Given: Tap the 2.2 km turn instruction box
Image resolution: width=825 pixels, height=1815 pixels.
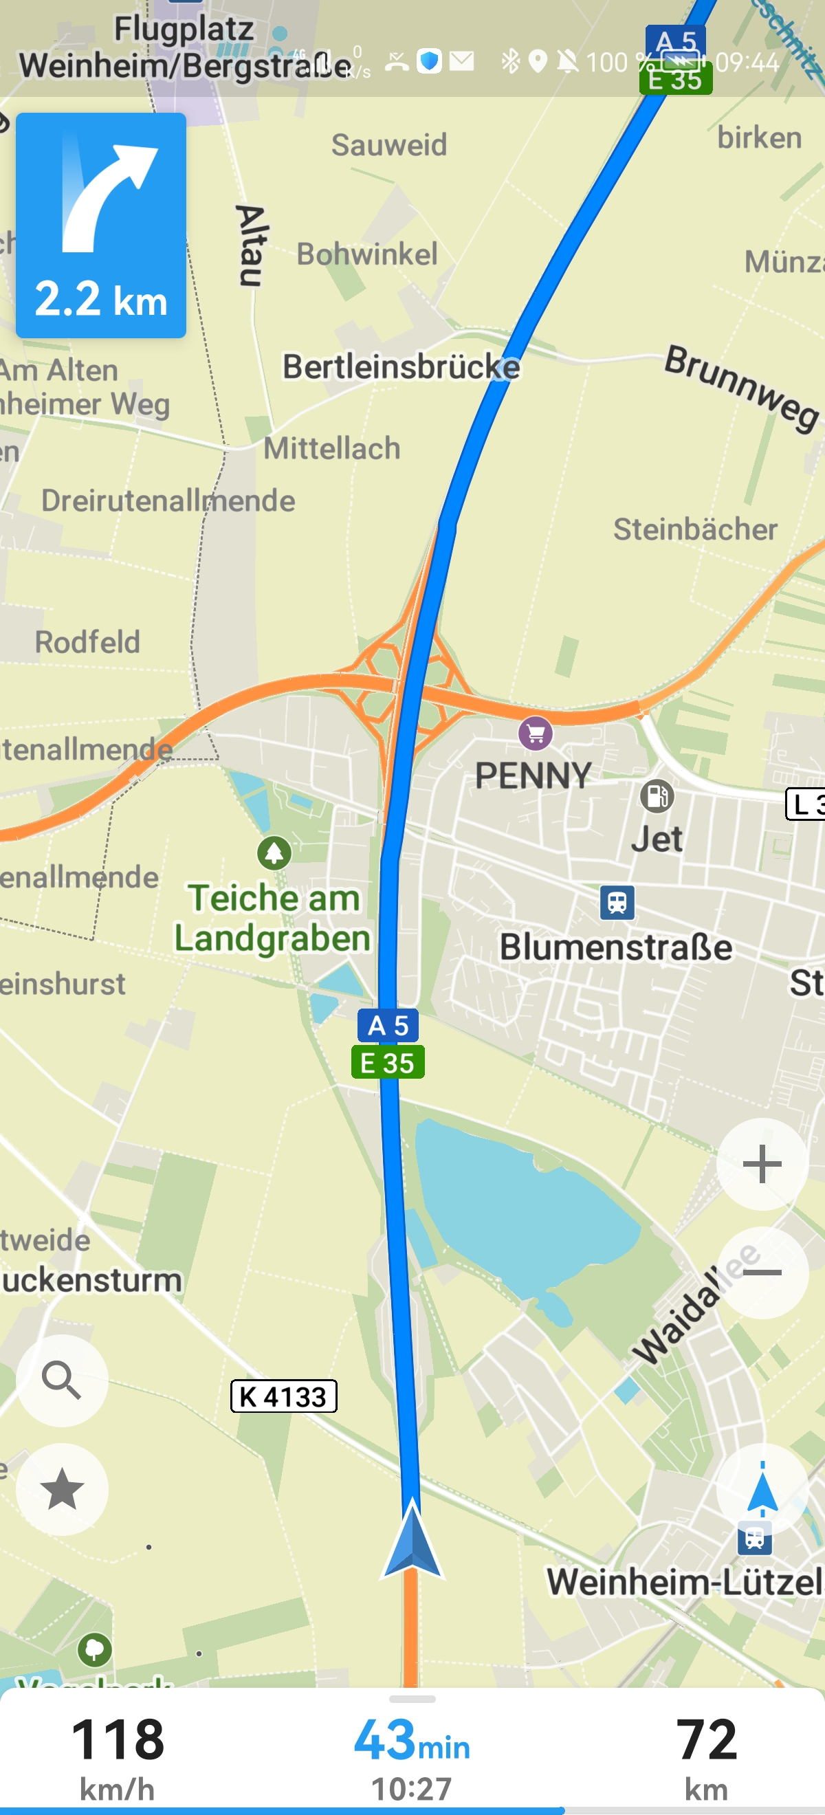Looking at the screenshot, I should coord(101,225).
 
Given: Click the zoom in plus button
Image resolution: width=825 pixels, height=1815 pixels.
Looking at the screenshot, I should coord(762,1163).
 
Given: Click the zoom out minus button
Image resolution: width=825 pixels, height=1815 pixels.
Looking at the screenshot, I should coord(762,1273).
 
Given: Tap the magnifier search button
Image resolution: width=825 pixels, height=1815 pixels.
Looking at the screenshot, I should coord(62,1380).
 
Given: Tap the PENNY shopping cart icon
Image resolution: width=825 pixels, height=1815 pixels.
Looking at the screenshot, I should coord(536,734).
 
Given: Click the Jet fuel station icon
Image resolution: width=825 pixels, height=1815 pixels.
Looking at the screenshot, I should coord(657,796).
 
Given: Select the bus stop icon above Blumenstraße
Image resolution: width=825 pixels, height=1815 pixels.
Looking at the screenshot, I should coord(617,902).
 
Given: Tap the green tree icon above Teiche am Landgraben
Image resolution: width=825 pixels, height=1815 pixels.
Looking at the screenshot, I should coord(274,852).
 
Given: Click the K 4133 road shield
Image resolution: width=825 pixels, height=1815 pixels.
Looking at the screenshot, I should coord(283,1396).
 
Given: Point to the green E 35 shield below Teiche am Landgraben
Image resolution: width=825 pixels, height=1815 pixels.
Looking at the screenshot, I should coord(388,1061).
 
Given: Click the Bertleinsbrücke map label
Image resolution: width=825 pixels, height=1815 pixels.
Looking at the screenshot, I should coord(401,367).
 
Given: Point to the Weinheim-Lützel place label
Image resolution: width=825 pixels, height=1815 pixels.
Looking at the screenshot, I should coord(683,1581).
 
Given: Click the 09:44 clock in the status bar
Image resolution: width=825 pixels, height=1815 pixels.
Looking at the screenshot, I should coord(747,63).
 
